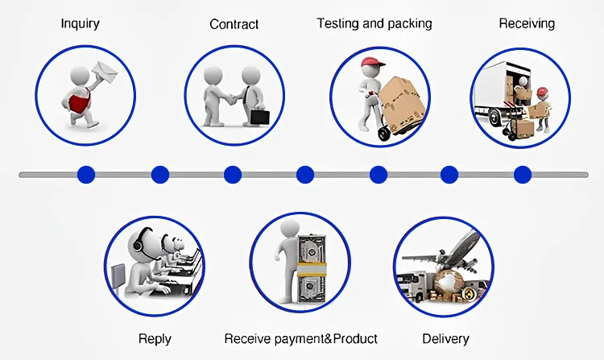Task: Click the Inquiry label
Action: pyautogui.click(x=81, y=23)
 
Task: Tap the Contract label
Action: pyautogui.click(x=234, y=24)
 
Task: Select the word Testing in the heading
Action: pyautogui.click(x=337, y=23)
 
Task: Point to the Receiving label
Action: pyautogui.click(x=527, y=23)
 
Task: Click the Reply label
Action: pyautogui.click(x=155, y=338)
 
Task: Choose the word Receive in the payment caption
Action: pyautogui.click(x=246, y=338)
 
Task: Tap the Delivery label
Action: pyautogui.click(x=445, y=338)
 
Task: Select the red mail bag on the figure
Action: pyautogui.click(x=79, y=102)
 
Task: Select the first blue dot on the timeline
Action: pyautogui.click(x=86, y=174)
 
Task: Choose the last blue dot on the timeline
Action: pyautogui.click(x=523, y=174)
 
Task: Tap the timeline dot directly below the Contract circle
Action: pyautogui.click(x=233, y=174)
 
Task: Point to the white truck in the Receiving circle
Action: pyautogui.click(x=497, y=93)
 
